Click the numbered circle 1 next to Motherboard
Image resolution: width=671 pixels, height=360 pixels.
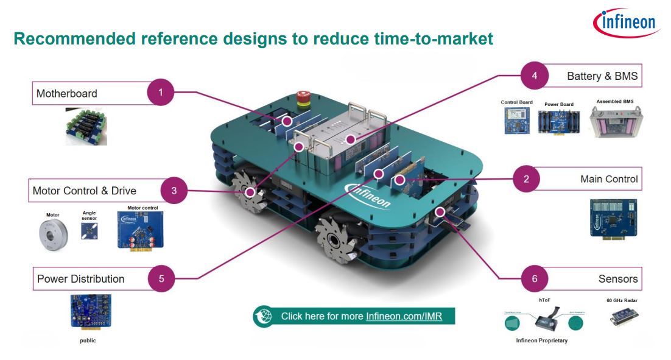[161, 93]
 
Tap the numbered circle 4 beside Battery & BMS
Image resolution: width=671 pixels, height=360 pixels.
[535, 76]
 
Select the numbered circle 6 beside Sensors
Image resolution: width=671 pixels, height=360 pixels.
[535, 278]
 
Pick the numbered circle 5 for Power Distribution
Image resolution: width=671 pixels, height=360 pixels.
[161, 278]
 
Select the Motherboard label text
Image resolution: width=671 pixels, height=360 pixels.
[66, 93]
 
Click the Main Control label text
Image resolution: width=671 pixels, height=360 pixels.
[609, 179]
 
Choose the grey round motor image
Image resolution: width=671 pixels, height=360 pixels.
[52, 233]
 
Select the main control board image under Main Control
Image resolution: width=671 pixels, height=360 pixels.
[613, 217]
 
